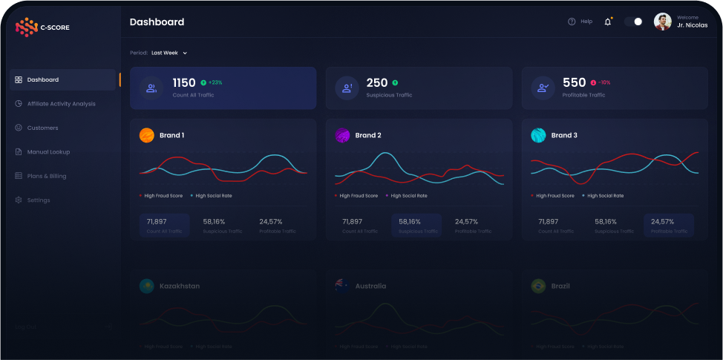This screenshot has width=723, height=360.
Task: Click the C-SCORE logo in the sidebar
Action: tap(42, 27)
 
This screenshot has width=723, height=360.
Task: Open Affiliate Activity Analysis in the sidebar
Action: tap(61, 104)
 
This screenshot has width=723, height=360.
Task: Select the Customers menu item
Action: tap(42, 128)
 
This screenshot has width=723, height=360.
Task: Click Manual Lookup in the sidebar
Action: tap(48, 152)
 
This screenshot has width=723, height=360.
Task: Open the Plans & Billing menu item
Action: tap(46, 176)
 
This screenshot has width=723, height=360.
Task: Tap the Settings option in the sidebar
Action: tap(39, 200)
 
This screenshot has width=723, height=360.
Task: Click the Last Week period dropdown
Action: tap(169, 53)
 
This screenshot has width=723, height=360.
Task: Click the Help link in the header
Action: tap(580, 22)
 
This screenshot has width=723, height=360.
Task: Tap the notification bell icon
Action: tap(608, 22)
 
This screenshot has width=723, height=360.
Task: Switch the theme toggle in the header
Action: tap(633, 22)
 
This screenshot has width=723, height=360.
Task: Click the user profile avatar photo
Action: tap(662, 22)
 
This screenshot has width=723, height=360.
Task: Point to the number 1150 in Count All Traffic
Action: tap(184, 83)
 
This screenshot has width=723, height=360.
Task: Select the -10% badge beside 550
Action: tap(601, 82)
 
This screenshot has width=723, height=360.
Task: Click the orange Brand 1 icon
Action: tap(147, 135)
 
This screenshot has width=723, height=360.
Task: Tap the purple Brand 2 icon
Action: tap(342, 135)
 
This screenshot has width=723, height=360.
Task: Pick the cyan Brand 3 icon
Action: tap(538, 135)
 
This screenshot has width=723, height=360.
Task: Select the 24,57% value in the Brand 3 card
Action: tap(662, 221)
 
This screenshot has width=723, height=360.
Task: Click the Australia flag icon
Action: tap(342, 286)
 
